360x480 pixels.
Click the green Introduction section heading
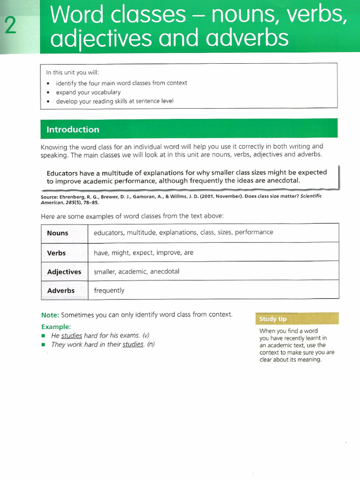click(x=73, y=130)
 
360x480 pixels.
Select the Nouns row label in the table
click(x=58, y=233)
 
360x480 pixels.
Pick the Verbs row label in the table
click(x=57, y=253)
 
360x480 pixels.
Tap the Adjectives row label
click(x=64, y=272)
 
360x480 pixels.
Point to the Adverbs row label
click(x=61, y=291)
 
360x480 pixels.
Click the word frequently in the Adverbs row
click(x=109, y=291)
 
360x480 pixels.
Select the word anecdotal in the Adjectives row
click(x=165, y=271)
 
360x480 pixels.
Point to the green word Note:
click(x=50, y=315)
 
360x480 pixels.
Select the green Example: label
click(x=56, y=326)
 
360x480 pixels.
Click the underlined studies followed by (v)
click(x=72, y=336)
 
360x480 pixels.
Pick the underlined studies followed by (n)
click(x=133, y=345)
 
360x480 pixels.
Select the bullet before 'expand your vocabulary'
click(x=49, y=93)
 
